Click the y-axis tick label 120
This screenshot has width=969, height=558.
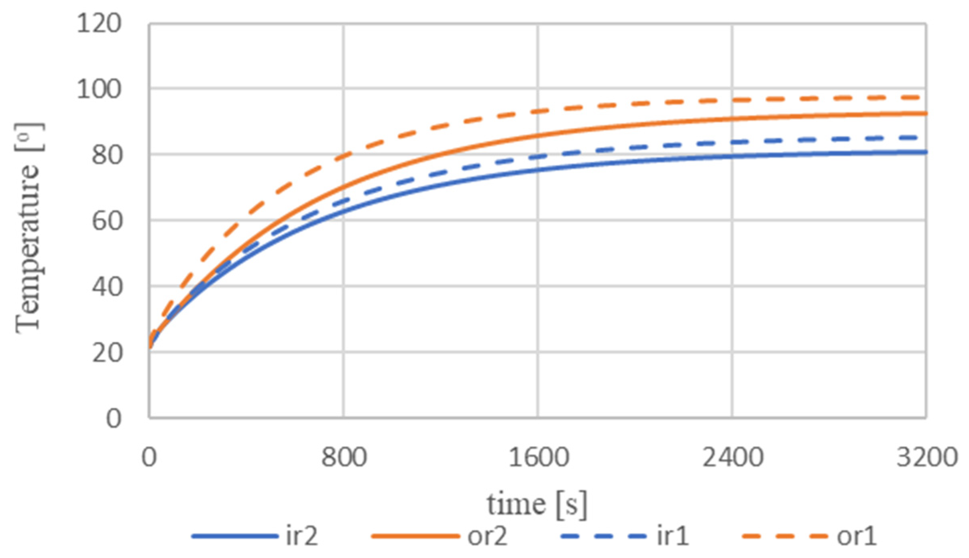99,23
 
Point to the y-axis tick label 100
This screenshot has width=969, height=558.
99,89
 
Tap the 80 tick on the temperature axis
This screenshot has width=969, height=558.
107,155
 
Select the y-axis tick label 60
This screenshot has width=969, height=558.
107,221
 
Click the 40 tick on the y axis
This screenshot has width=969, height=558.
107,287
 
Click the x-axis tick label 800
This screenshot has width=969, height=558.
344,457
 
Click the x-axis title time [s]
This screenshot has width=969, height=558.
537,505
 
